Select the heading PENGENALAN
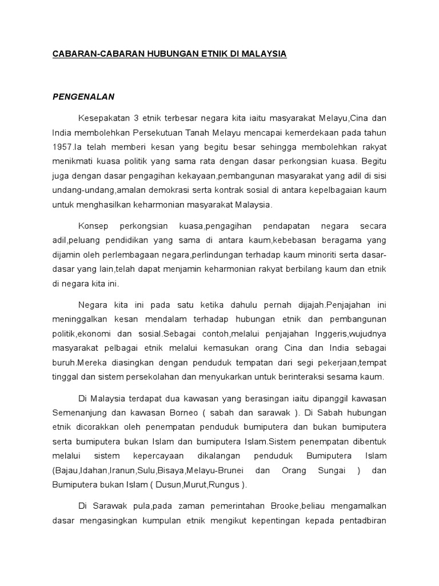83,97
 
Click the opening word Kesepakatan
103,118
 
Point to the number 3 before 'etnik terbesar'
136,118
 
